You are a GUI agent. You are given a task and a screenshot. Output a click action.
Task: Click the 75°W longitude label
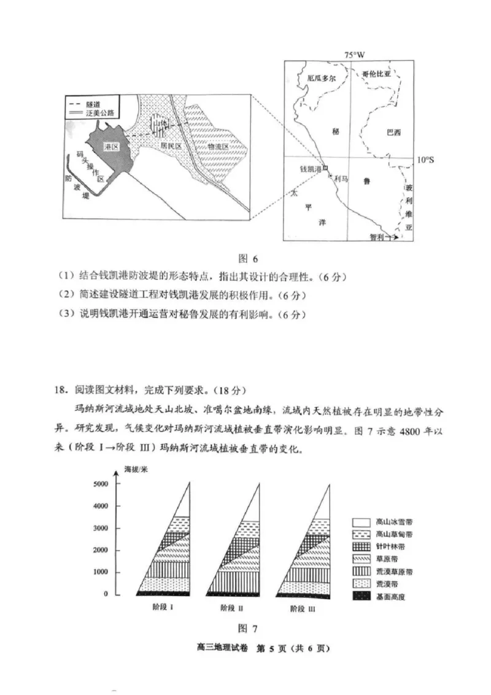(354, 55)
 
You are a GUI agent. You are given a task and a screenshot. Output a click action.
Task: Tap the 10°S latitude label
(425, 160)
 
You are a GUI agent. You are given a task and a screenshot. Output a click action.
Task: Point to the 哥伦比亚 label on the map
(376, 74)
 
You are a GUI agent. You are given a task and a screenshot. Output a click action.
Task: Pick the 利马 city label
(341, 178)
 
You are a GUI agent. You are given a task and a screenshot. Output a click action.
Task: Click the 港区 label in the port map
(111, 147)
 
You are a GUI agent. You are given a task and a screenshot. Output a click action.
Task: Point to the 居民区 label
(168, 147)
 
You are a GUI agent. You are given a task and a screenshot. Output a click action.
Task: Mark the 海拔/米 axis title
(136, 470)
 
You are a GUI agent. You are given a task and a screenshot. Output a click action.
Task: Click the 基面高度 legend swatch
(362, 596)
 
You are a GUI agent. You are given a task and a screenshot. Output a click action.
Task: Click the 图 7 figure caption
(245, 627)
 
